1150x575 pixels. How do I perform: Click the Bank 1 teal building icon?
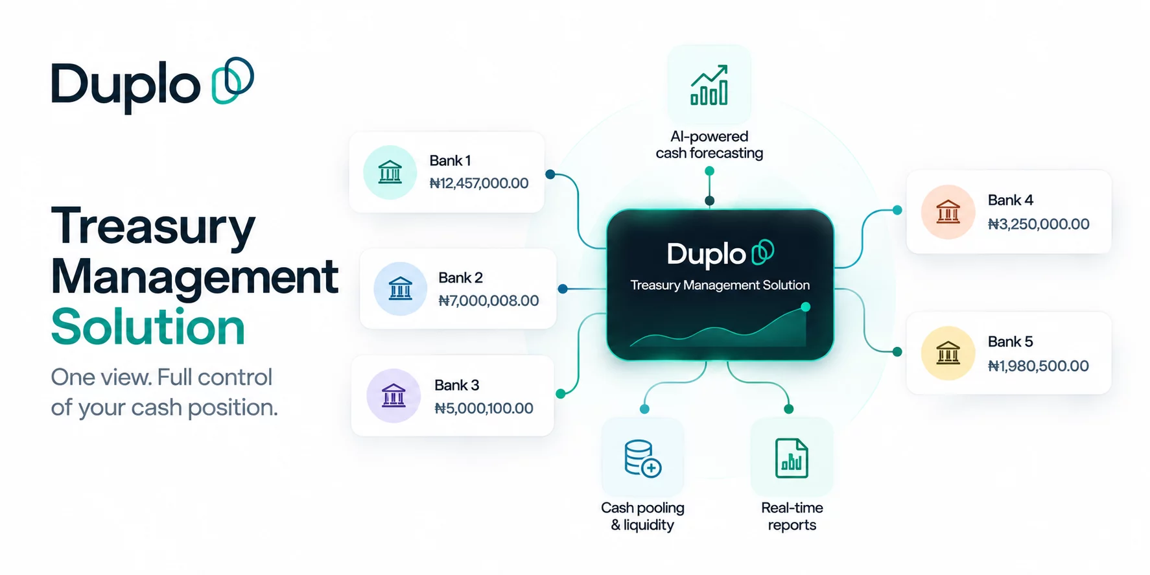(x=390, y=172)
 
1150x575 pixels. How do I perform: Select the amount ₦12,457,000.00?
(x=479, y=183)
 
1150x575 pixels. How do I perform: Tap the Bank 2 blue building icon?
(x=400, y=288)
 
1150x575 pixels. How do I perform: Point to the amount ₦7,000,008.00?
(x=489, y=301)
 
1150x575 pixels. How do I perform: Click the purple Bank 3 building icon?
(x=393, y=395)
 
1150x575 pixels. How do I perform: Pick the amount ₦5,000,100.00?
(x=484, y=408)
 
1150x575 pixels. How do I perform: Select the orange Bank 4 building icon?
(x=948, y=212)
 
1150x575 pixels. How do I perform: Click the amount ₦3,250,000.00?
(x=1039, y=224)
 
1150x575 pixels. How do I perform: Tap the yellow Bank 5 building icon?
(x=948, y=353)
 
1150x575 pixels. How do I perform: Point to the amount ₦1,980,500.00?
(x=1038, y=366)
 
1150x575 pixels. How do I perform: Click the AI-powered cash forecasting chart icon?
(x=709, y=85)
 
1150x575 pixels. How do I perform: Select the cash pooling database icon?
(x=642, y=458)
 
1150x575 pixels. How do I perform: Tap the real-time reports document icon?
(x=792, y=458)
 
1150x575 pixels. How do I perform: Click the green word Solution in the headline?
(x=148, y=327)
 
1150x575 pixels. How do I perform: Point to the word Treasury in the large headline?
(x=153, y=226)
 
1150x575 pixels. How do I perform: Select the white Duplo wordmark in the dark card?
(x=707, y=254)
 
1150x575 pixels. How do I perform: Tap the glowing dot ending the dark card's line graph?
(x=805, y=307)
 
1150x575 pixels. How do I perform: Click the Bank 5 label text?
(x=1010, y=342)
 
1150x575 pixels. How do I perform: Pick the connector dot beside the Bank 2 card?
(x=563, y=288)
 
